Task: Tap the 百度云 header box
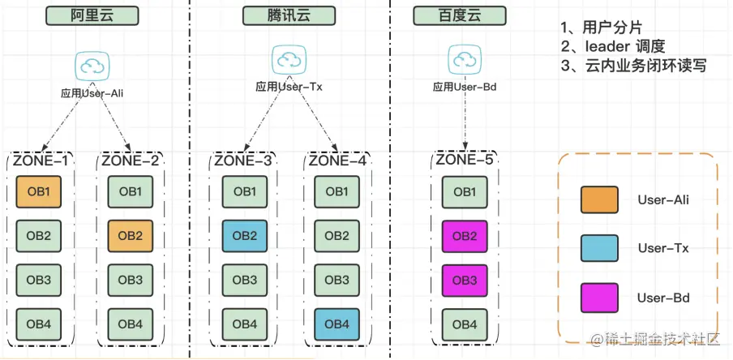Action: tap(459, 15)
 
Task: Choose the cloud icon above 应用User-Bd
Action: tap(464, 58)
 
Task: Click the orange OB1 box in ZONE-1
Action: tap(38, 192)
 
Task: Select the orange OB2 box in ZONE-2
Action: tap(130, 236)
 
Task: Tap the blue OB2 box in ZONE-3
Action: tap(246, 236)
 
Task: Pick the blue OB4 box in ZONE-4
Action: tap(338, 324)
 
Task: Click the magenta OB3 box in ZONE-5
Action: tap(464, 280)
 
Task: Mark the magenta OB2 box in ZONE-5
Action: tap(464, 236)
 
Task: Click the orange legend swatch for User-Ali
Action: tap(599, 199)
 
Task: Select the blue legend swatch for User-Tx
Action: tap(599, 248)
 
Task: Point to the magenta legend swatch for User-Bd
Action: tap(599, 298)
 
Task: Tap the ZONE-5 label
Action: tap(465, 161)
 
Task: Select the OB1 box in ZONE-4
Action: tap(338, 192)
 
